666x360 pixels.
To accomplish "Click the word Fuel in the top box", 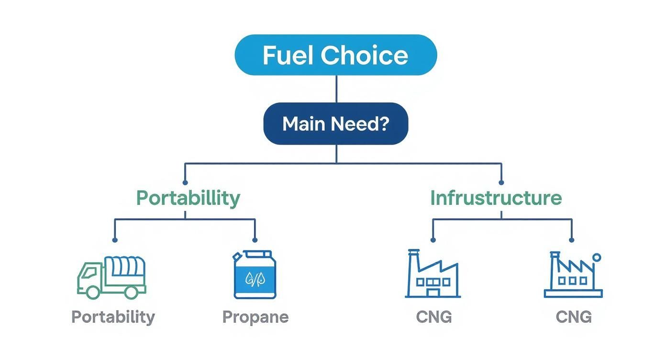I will [x=288, y=56].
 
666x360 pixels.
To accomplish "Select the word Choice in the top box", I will [x=365, y=56].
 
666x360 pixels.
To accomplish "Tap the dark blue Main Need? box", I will [x=336, y=124].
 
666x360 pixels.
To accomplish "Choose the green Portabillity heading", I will [x=188, y=198].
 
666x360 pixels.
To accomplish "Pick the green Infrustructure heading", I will [x=496, y=198].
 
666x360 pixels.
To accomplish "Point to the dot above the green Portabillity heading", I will [x=185, y=182].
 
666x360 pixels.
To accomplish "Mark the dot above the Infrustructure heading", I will [x=501, y=182].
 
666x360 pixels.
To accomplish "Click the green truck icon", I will [x=111, y=277].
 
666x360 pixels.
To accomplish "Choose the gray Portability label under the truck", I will [x=113, y=317].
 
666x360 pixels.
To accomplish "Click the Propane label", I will [x=255, y=317].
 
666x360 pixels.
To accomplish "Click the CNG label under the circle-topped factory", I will [x=574, y=317].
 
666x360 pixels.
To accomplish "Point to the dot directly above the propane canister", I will [x=255, y=239].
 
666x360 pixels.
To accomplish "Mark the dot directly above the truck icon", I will [x=114, y=239].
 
